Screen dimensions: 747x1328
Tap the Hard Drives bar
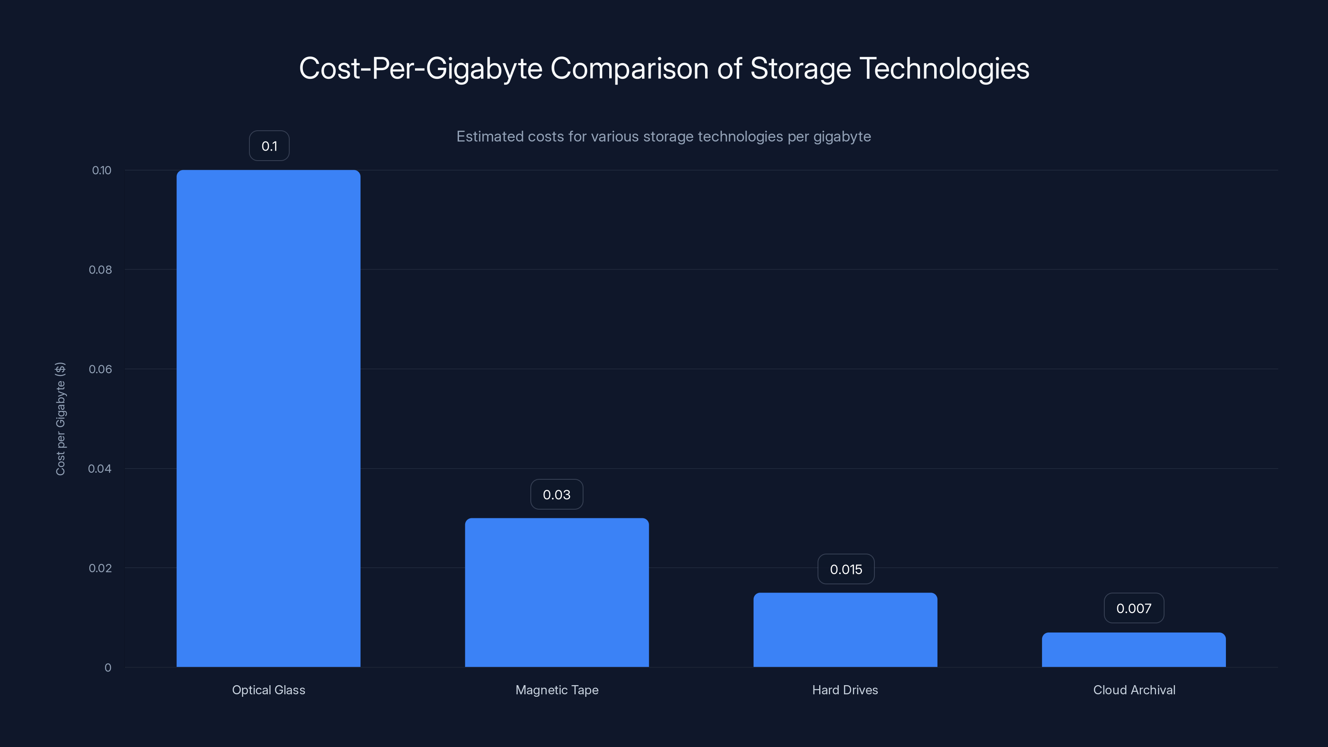click(x=845, y=630)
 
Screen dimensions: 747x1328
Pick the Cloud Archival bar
click(x=1134, y=649)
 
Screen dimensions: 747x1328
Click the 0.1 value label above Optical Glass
click(x=269, y=146)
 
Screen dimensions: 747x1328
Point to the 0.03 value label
click(x=557, y=494)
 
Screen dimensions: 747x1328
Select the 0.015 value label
click(x=846, y=569)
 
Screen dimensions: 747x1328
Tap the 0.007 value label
click(x=1134, y=608)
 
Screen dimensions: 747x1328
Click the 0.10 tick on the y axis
click(x=102, y=171)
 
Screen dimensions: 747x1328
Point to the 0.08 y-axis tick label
click(x=100, y=270)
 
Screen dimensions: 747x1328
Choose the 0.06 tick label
click(x=100, y=369)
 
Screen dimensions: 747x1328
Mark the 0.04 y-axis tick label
click(x=100, y=469)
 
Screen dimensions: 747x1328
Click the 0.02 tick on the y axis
click(x=100, y=568)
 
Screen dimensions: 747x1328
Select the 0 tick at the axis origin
click(x=108, y=668)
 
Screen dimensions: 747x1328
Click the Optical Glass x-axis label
click(x=269, y=690)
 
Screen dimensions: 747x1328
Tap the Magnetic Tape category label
click(x=557, y=690)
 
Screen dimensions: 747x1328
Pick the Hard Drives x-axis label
click(x=845, y=690)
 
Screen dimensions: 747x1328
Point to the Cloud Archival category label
click(x=1134, y=690)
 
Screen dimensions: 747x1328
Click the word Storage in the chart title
click(x=800, y=68)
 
